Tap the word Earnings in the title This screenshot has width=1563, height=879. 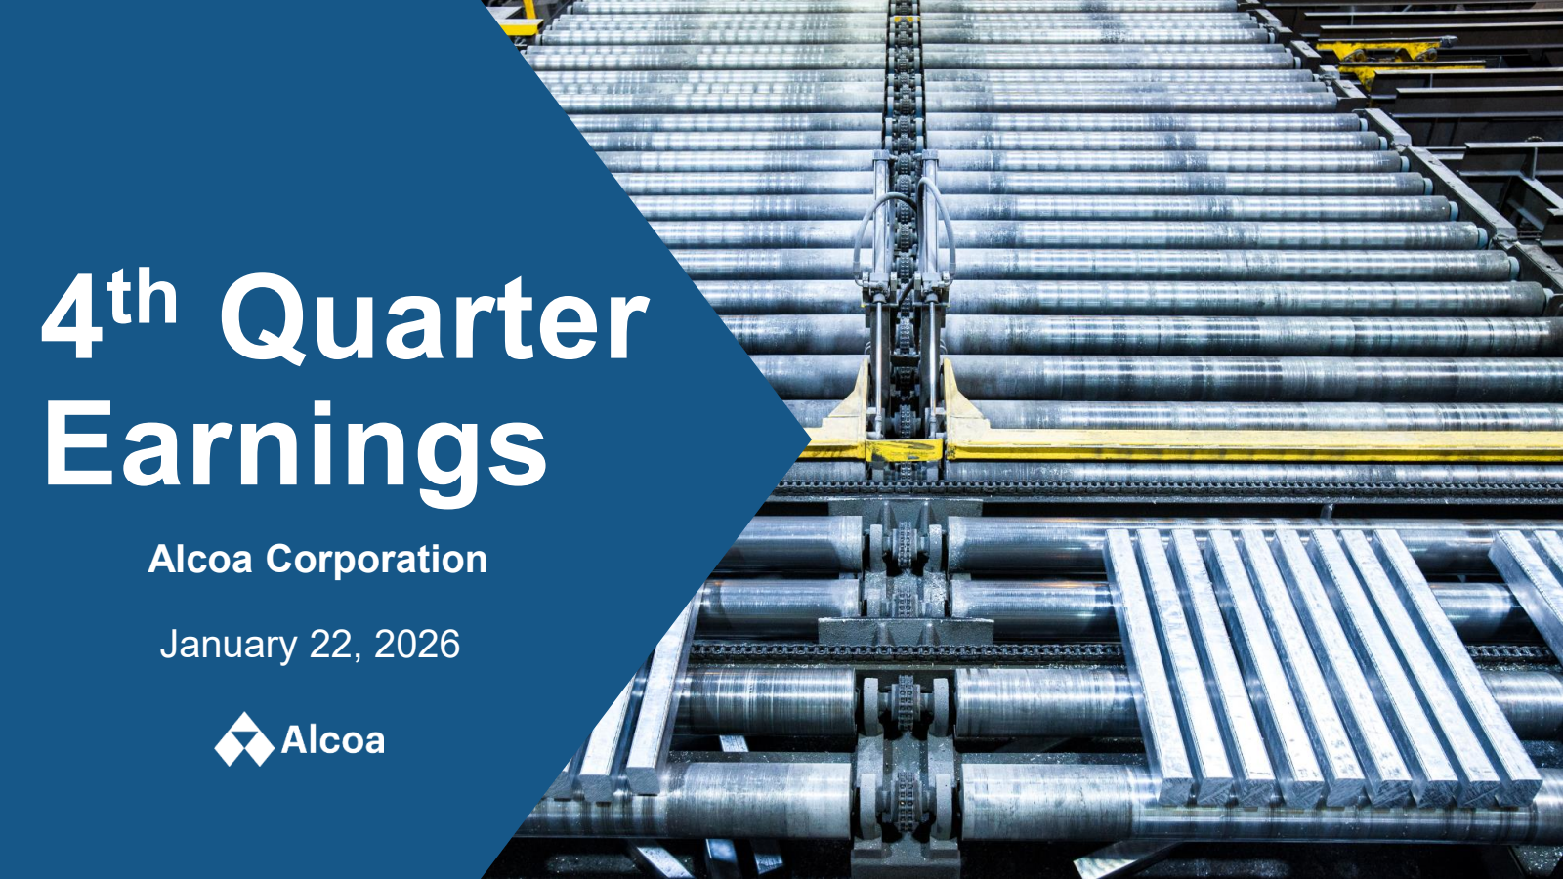pos(296,446)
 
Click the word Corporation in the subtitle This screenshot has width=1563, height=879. pos(376,561)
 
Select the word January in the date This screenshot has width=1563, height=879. pos(229,646)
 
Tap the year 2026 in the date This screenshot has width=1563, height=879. pos(417,644)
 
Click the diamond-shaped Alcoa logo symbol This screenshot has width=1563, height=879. pos(243,739)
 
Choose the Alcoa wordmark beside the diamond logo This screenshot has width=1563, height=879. pos(333,740)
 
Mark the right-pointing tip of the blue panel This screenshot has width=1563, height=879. pos(810,439)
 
